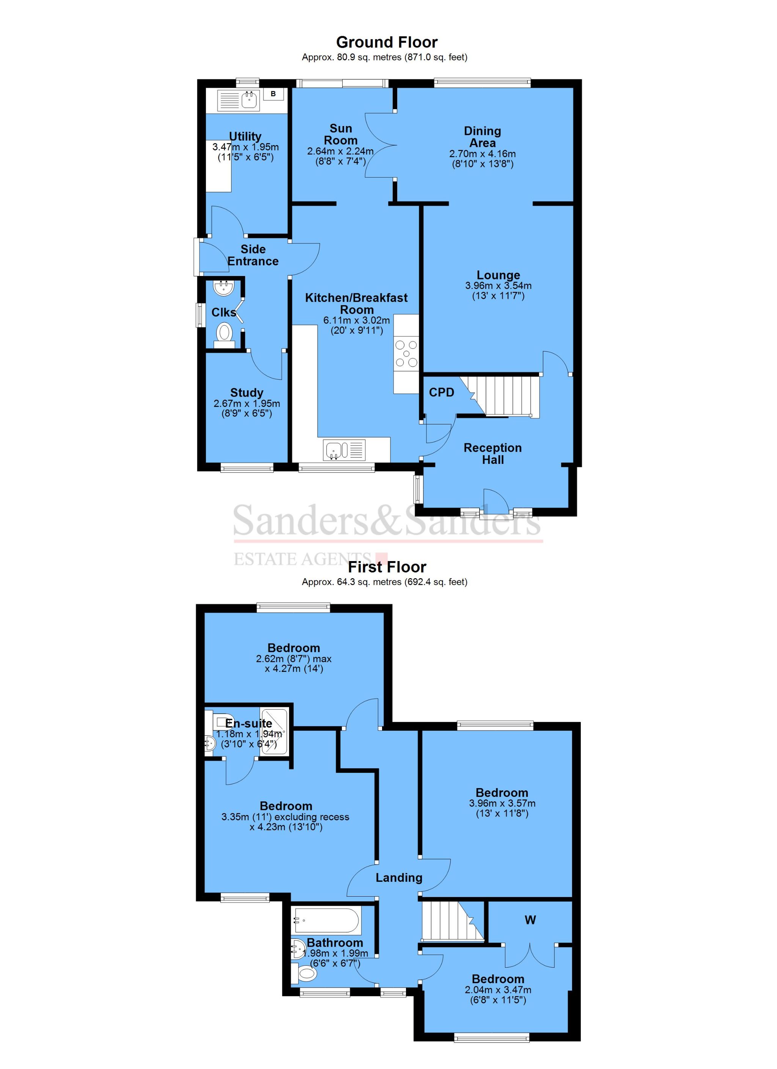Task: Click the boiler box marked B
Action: click(273, 94)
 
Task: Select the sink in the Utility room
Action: click(249, 99)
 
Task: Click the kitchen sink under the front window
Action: click(338, 450)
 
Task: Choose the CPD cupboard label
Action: click(442, 392)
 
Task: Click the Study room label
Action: click(247, 393)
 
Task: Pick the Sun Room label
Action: click(341, 134)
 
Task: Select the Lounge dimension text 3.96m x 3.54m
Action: click(498, 285)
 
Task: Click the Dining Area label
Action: click(482, 137)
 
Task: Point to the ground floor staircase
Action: click(504, 395)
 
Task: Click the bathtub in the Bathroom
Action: click(327, 919)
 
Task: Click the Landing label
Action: click(399, 878)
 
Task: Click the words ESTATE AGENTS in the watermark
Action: click(302, 559)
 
